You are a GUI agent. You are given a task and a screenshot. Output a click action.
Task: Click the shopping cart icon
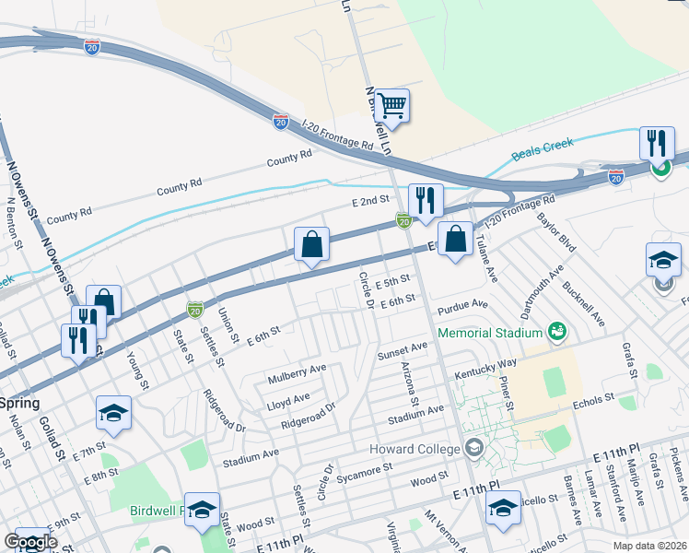391,107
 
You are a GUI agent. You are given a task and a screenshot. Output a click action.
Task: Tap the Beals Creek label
543,147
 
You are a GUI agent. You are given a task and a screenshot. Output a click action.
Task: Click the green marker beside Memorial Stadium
555,330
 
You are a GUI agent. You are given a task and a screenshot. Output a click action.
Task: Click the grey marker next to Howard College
473,449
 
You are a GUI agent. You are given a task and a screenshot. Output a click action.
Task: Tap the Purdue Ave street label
463,304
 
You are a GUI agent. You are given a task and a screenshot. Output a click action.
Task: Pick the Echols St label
593,400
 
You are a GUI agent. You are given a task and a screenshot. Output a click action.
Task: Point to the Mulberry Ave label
297,373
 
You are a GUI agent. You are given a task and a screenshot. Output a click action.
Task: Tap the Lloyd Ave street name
288,402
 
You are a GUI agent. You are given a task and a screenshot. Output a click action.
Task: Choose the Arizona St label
410,386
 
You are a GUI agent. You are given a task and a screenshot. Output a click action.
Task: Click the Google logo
31,543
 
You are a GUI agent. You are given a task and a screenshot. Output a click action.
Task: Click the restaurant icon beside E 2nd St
425,201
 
